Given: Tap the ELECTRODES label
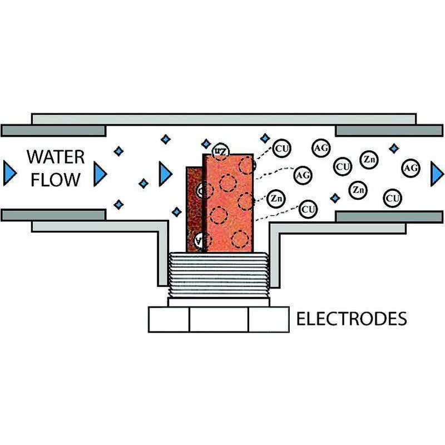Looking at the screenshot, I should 351,319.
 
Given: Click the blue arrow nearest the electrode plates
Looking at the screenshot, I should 165,174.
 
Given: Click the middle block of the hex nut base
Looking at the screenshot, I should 219,319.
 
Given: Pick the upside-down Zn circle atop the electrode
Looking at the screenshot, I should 220,151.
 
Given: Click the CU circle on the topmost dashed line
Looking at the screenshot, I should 281,149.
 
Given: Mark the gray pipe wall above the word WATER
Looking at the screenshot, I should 54,131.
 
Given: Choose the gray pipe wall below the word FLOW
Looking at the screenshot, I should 54,215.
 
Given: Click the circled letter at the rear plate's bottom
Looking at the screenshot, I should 199,240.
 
